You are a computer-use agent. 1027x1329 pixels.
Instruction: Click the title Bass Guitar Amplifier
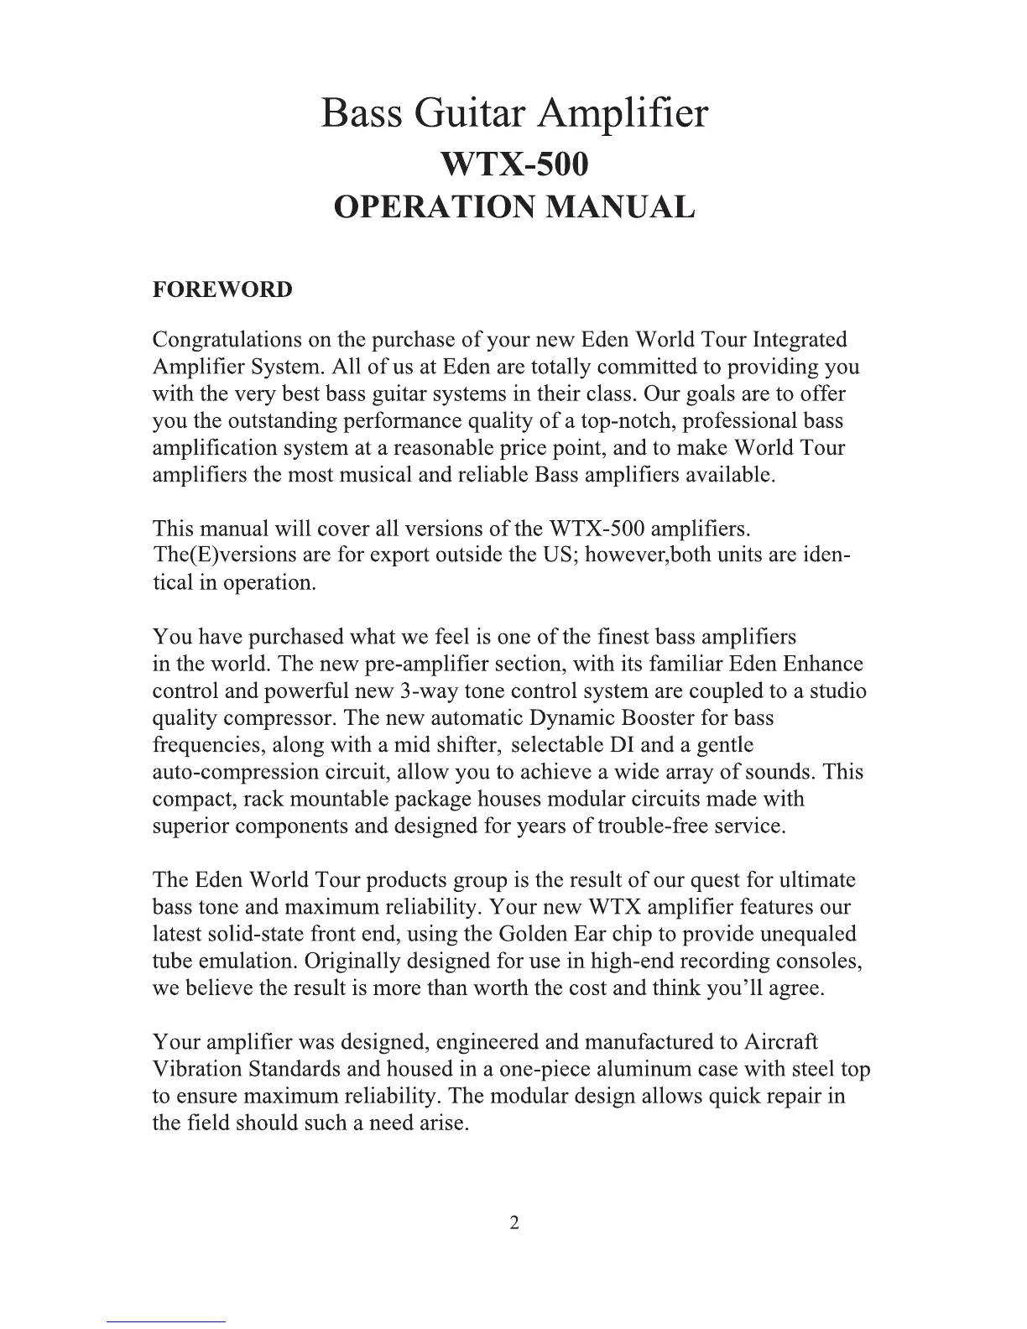513,114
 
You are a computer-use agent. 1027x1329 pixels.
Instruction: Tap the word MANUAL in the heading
620,207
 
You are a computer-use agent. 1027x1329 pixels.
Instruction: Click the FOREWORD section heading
222,290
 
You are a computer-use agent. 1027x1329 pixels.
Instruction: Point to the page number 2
514,1222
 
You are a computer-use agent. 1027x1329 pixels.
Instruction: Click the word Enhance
822,664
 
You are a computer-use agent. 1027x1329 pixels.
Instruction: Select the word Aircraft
780,1042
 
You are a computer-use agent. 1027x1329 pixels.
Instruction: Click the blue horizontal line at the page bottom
166,1321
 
